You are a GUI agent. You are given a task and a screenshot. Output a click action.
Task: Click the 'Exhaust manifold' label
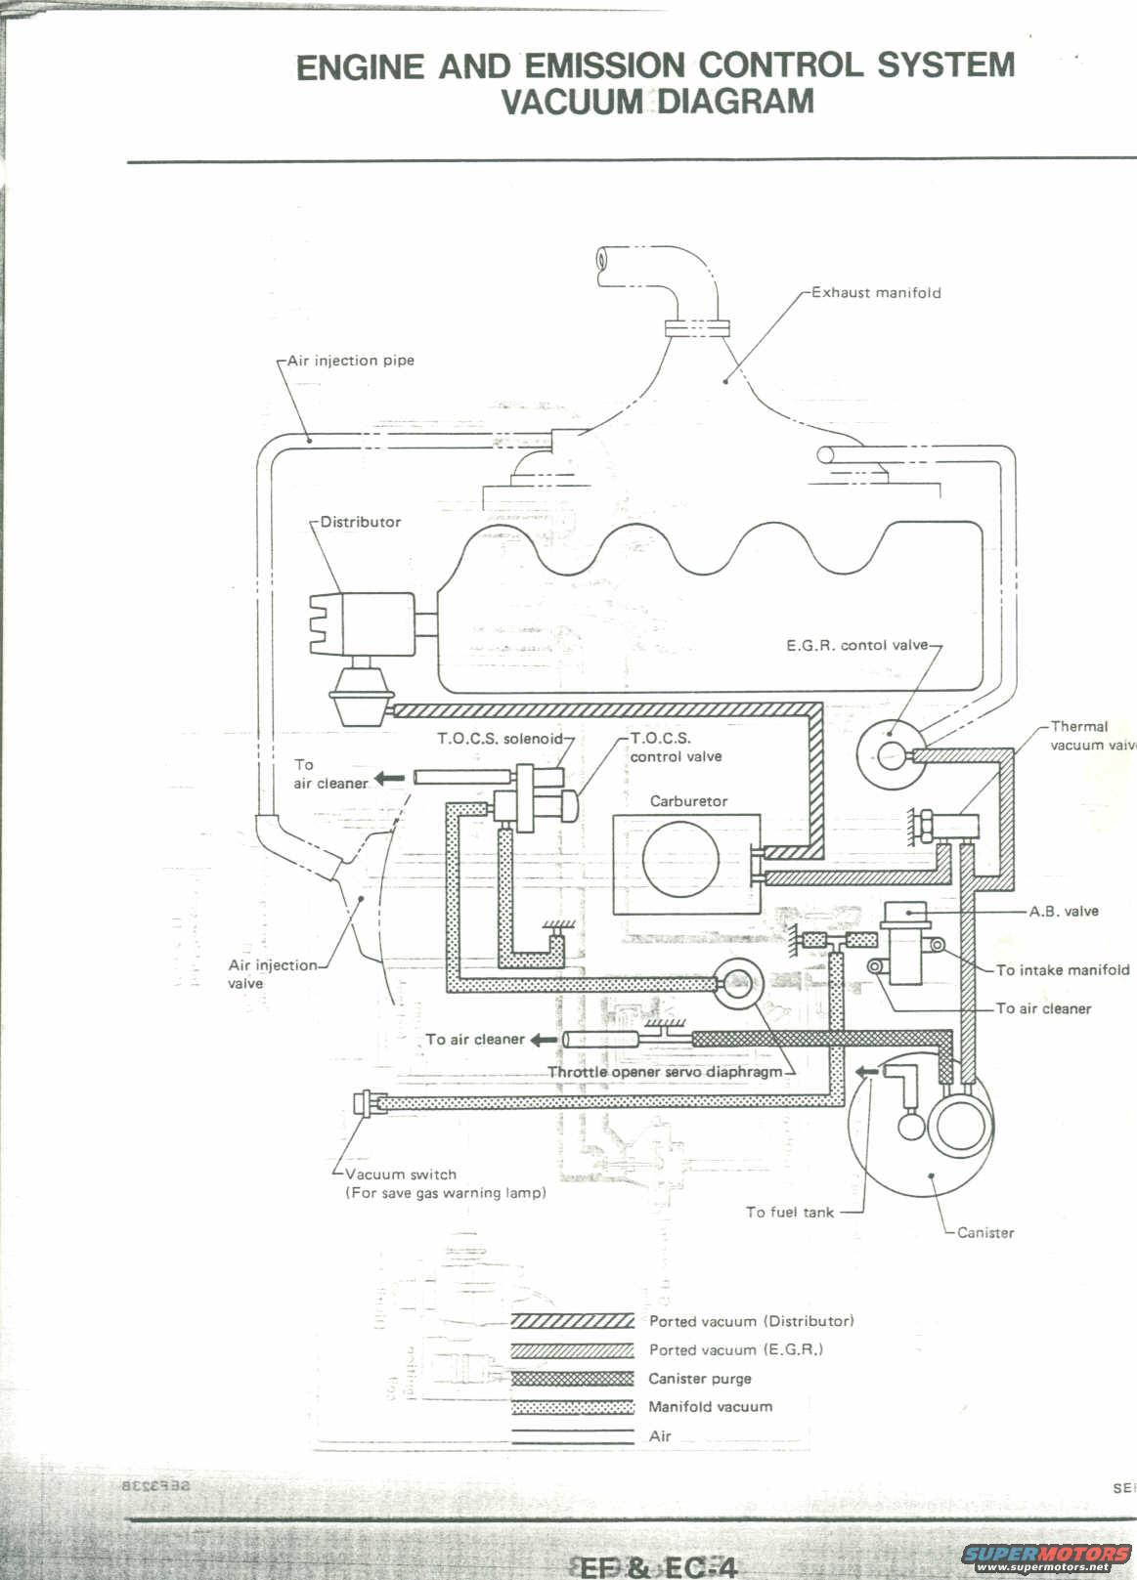[x=876, y=292]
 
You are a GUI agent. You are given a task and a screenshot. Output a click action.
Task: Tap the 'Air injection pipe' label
[x=351, y=361]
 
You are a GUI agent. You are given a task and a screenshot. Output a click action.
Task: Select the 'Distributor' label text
[x=361, y=522]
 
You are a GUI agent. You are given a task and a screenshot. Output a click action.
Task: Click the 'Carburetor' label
[x=689, y=801]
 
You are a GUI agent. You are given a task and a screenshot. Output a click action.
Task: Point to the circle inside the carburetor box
[x=681, y=860]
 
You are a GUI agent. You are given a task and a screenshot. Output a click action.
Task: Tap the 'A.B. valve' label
[x=1064, y=912]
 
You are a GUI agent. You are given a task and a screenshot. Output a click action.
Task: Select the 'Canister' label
[x=985, y=1233]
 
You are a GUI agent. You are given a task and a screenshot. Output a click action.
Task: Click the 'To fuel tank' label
[x=790, y=1213]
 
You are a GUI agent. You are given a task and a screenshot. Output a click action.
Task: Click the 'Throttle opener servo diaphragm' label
[x=665, y=1072]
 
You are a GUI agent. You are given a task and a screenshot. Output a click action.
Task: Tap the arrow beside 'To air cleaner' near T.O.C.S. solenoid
[x=390, y=779]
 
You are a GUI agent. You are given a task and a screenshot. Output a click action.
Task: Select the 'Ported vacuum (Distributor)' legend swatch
[x=573, y=1321]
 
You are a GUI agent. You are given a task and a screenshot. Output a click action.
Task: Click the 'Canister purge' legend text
[x=700, y=1379]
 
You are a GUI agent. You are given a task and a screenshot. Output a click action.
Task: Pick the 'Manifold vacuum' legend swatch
[x=573, y=1408]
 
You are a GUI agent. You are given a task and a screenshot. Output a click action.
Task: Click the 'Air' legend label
[x=660, y=1436]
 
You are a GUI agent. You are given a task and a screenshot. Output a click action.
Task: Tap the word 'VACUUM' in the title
[x=572, y=102]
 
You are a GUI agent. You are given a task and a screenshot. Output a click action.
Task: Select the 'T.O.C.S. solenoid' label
[x=500, y=739]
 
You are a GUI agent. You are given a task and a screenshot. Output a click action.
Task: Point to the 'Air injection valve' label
[x=273, y=974]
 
